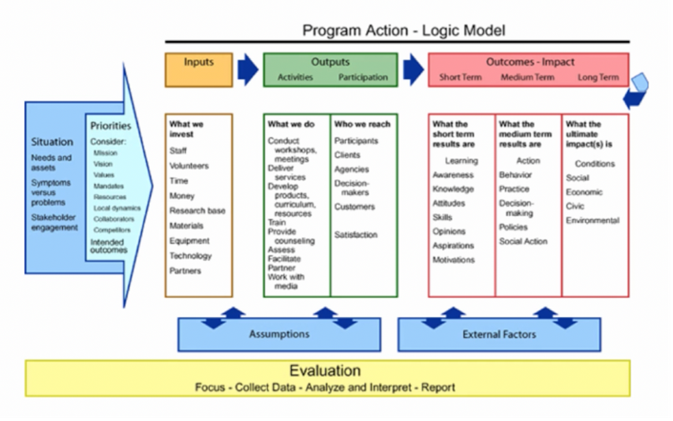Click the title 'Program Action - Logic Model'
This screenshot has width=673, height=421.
[x=403, y=31]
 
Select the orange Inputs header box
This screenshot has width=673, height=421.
[x=198, y=69]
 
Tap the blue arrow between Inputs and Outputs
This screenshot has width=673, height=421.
[x=248, y=69]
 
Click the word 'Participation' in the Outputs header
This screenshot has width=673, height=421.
[x=363, y=77]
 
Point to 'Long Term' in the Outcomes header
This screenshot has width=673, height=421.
[x=598, y=77]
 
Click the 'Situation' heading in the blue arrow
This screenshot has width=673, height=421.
[x=52, y=142]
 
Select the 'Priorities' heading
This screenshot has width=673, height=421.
[x=110, y=125]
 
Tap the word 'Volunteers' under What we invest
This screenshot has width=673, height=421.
[x=189, y=166]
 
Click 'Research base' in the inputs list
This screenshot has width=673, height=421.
[x=196, y=211]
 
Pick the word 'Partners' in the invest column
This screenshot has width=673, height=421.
[x=185, y=271]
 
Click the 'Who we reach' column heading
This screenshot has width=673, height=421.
[x=362, y=125]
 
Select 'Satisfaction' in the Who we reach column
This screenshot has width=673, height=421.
[x=356, y=235]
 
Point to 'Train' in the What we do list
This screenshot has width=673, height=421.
[x=276, y=223]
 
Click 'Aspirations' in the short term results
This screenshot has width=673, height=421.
[x=454, y=246]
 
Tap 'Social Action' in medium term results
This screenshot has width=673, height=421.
[x=522, y=241]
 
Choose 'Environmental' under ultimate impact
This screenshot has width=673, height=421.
[x=593, y=222]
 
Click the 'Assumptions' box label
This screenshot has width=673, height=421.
[x=279, y=334]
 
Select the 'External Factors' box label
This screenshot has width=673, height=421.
[x=499, y=334]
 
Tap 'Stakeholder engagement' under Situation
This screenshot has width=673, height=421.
[x=54, y=222]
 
